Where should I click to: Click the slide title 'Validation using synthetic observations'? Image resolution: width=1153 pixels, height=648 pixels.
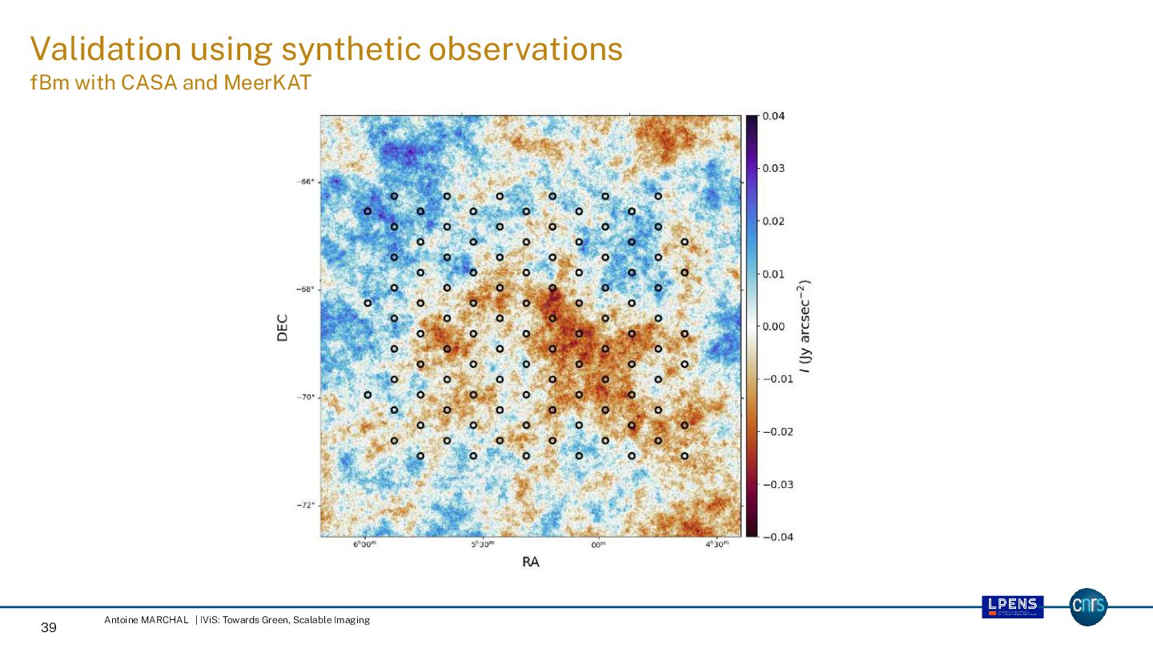coord(326,50)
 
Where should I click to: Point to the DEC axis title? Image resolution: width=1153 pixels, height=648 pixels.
coord(282,326)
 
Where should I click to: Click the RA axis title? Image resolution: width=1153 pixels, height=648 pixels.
coord(530,562)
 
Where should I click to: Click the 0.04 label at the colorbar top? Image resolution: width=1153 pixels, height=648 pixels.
coord(773,116)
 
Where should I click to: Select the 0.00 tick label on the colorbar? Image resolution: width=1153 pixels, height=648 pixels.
coord(773,326)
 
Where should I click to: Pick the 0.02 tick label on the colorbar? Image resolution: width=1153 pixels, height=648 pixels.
coord(773,221)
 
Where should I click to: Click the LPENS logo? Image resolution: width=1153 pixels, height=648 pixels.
coord(1013,607)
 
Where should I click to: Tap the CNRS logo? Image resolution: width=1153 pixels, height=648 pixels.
coord(1089,607)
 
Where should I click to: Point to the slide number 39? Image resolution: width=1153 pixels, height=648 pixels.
coord(49,628)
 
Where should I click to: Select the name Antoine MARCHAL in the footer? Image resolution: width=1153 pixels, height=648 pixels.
coord(147,620)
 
